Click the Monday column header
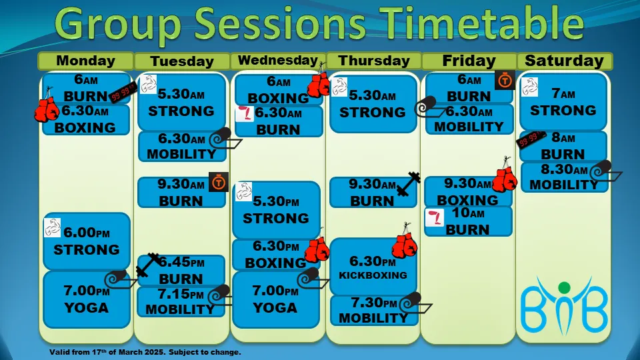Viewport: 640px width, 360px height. pyautogui.click(x=86, y=61)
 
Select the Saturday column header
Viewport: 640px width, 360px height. pyautogui.click(x=565, y=61)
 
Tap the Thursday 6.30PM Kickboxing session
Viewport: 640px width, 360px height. pyautogui.click(x=373, y=267)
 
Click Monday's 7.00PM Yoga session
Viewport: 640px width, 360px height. pyautogui.click(x=87, y=299)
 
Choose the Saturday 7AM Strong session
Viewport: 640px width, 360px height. pyautogui.click(x=563, y=102)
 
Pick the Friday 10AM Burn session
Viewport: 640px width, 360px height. pyautogui.click(x=468, y=221)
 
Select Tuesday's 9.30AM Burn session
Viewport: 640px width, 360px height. pyautogui.click(x=181, y=192)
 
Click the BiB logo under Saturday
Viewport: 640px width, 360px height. pyautogui.click(x=564, y=305)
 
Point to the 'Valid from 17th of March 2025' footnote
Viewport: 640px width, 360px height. pyautogui.click(x=145, y=352)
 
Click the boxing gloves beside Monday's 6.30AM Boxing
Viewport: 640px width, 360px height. pyautogui.click(x=47, y=108)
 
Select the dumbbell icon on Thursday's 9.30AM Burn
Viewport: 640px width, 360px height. pyautogui.click(x=408, y=184)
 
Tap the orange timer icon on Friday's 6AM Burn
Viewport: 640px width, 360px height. pyautogui.click(x=505, y=81)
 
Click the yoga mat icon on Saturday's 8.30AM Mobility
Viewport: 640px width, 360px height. pyautogui.click(x=605, y=171)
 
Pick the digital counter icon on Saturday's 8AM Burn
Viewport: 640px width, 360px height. pyautogui.click(x=531, y=139)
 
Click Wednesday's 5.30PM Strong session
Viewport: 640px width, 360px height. pyautogui.click(x=276, y=210)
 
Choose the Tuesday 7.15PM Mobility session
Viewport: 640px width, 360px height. pyautogui.click(x=181, y=302)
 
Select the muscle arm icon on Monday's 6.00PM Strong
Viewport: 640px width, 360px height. pyautogui.click(x=52, y=228)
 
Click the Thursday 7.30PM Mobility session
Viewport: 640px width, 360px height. pyautogui.click(x=374, y=311)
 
